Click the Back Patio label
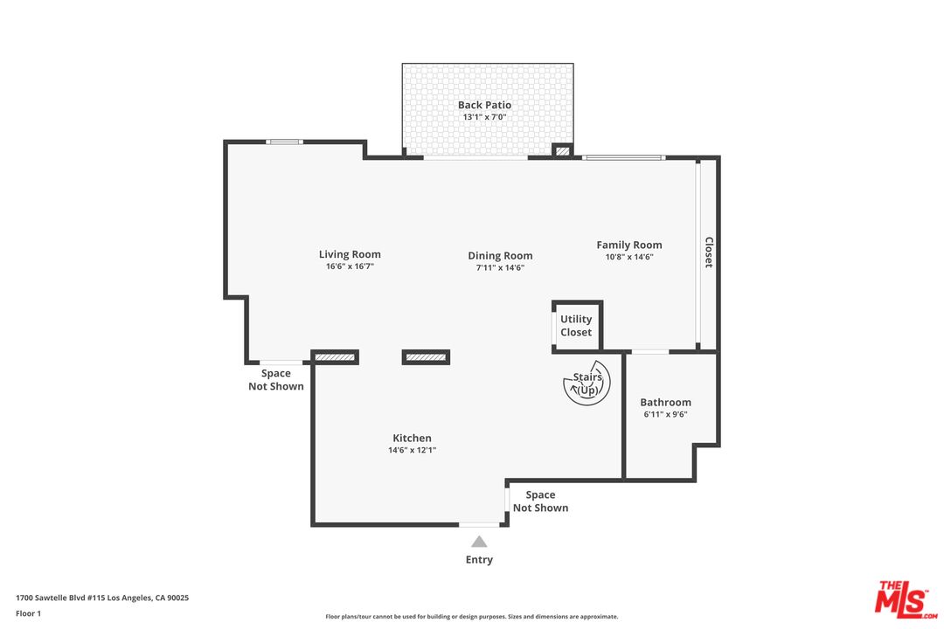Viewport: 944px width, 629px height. (x=484, y=105)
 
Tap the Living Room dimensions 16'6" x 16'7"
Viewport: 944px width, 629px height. (x=350, y=267)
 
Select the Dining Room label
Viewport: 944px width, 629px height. (x=500, y=256)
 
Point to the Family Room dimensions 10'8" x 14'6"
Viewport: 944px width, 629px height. (x=629, y=257)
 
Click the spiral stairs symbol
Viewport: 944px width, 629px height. (x=587, y=383)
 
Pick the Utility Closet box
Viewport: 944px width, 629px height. (x=577, y=326)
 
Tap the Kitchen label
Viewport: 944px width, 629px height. (x=412, y=439)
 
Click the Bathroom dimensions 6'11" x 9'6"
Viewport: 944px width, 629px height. (x=666, y=415)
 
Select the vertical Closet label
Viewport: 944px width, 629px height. (x=709, y=252)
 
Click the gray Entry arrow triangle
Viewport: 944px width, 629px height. (x=479, y=542)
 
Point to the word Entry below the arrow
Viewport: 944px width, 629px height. (x=479, y=560)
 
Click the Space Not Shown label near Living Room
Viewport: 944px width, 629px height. (x=276, y=380)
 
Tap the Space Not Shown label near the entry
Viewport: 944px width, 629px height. (x=540, y=501)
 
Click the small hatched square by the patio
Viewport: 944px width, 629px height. (x=563, y=151)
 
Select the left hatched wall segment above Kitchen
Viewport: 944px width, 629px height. (x=336, y=356)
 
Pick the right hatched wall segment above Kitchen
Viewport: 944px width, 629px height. (x=426, y=356)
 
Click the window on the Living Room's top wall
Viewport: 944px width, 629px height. (x=285, y=142)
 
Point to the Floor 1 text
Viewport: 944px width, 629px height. (x=28, y=613)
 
